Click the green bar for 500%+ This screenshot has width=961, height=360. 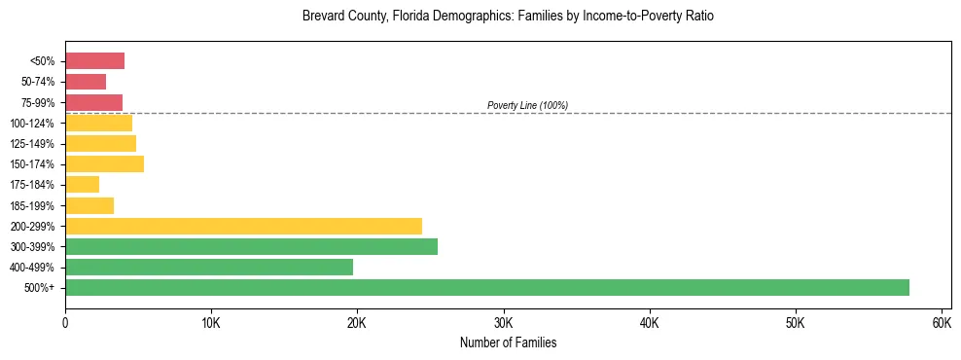pos(486,287)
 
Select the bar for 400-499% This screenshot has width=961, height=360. pos(209,267)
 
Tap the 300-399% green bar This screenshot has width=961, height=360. pos(251,246)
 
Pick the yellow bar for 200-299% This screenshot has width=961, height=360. pos(243,226)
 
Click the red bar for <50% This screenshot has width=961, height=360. pos(94,61)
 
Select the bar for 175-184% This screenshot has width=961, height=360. pos(82,184)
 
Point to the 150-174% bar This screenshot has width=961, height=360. pos(104,163)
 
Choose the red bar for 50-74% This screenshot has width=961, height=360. pos(86,82)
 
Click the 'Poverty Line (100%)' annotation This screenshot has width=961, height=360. pos(527,105)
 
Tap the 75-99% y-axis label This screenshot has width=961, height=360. pos(39,102)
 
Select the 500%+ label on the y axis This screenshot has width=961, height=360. pos(41,287)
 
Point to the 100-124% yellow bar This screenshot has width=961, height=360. pos(98,123)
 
